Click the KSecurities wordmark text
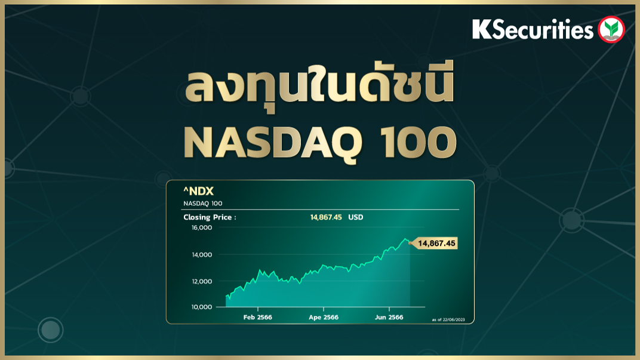(533, 29)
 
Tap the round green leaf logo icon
(611, 29)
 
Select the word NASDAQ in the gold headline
(273, 143)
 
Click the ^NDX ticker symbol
(198, 191)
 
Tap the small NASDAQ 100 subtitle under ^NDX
(203, 203)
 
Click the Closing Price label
(210, 217)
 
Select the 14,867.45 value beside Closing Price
(326, 217)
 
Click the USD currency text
(355, 217)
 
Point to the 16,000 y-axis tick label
(202, 227)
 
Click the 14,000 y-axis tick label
(202, 254)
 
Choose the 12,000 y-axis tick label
(202, 281)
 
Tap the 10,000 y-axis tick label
(202, 307)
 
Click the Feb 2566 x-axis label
(257, 317)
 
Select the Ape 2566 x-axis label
(324, 317)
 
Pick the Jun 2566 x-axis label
(389, 317)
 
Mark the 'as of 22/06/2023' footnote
(448, 319)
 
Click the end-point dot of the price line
(410, 243)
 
